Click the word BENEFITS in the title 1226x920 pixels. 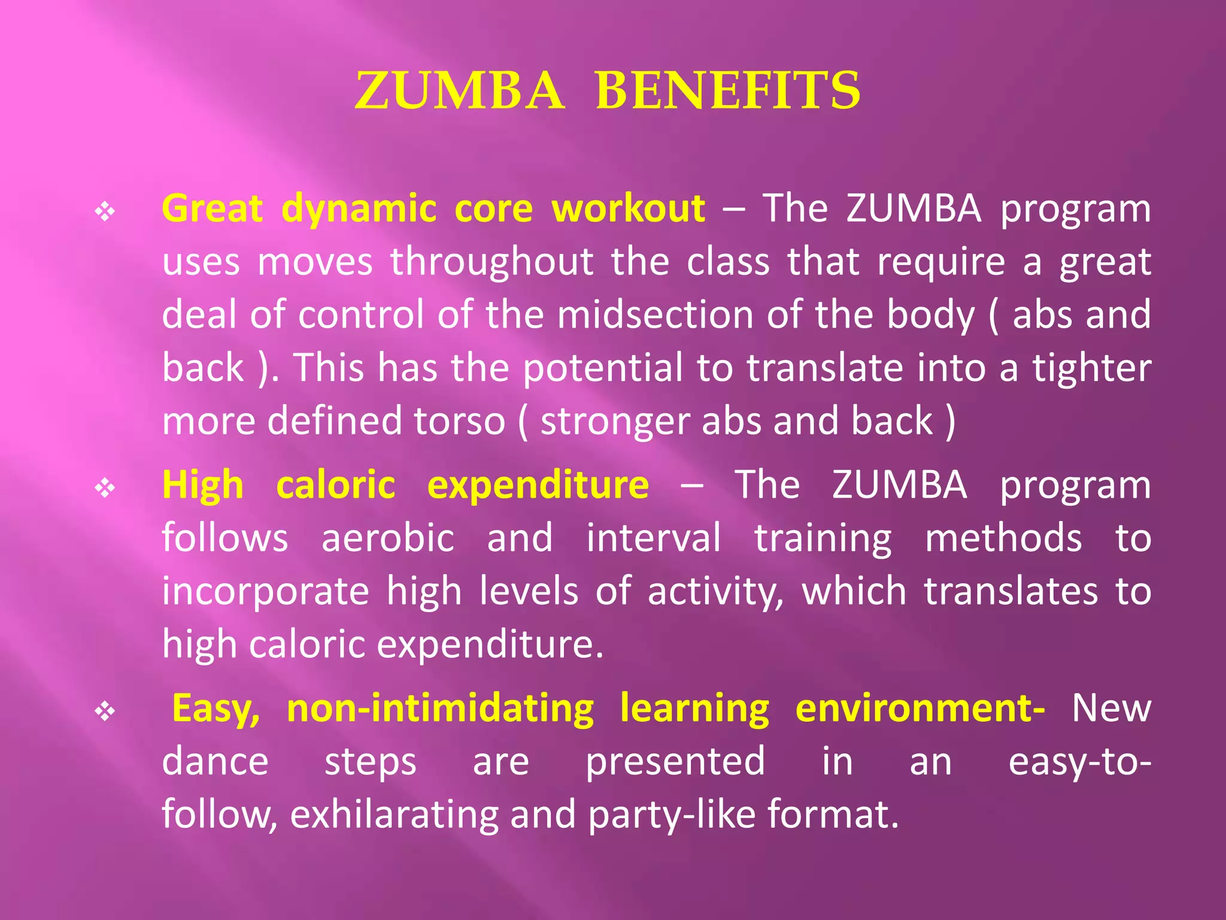(x=728, y=91)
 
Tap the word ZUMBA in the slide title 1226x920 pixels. (x=459, y=91)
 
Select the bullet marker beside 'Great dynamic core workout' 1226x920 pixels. (x=105, y=211)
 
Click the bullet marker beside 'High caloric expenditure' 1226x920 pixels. (x=105, y=488)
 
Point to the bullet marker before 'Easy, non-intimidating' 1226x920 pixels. (x=105, y=712)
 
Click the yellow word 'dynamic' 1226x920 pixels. (x=359, y=210)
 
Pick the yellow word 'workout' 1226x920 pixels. (x=629, y=208)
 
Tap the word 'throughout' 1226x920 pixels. (x=491, y=262)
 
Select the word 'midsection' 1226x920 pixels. (x=655, y=314)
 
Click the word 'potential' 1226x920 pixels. (x=602, y=368)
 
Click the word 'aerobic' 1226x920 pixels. (x=388, y=537)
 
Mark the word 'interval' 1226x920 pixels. (x=653, y=537)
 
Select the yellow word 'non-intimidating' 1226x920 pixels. (x=440, y=709)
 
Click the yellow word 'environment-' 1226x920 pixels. (x=920, y=709)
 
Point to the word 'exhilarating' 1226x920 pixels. (x=393, y=815)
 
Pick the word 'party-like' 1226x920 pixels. (x=672, y=815)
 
